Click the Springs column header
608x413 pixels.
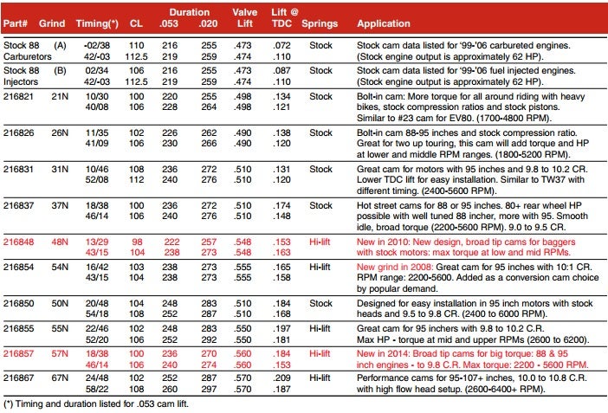[320, 23]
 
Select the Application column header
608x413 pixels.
[384, 23]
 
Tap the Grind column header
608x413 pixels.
[52, 23]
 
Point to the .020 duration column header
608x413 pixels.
[208, 23]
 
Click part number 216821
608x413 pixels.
[18, 96]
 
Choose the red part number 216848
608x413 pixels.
[18, 242]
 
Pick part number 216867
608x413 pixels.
[18, 378]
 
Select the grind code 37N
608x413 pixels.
[60, 205]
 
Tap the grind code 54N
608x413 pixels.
[60, 267]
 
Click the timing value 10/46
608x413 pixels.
[97, 169]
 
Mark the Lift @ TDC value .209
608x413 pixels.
[281, 378]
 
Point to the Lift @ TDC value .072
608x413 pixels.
[281, 45]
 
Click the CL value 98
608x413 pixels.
[137, 242]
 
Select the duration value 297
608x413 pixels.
[209, 389]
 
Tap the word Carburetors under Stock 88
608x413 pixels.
[28, 56]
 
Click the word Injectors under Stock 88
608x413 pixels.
[21, 82]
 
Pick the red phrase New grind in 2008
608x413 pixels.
[395, 267]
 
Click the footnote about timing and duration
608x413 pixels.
[96, 403]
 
